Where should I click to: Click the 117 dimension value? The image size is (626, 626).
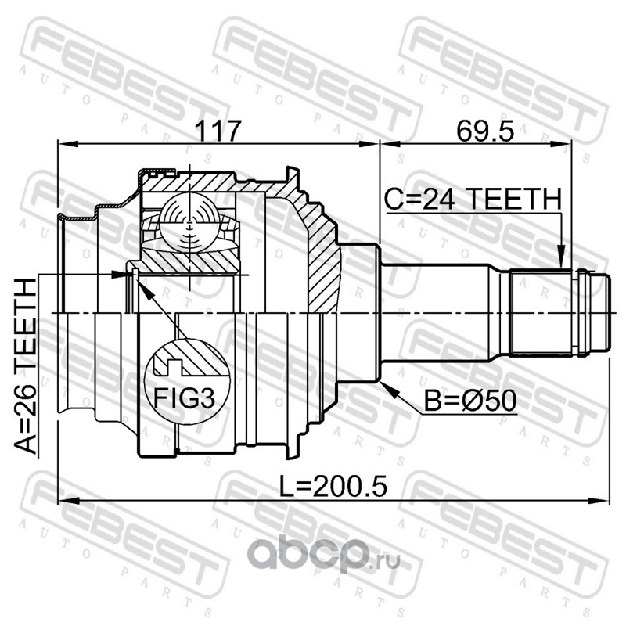[x=219, y=130]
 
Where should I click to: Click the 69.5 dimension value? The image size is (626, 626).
[x=485, y=131]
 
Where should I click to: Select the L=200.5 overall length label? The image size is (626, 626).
[x=333, y=487]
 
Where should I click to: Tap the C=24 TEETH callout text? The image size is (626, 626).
[x=473, y=199]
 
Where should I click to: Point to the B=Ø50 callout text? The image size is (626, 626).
[x=470, y=401]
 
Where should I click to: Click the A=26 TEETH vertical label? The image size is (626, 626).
[x=26, y=366]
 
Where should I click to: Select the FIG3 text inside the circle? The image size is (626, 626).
[x=185, y=398]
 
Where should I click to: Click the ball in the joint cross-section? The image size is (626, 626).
[x=189, y=223]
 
